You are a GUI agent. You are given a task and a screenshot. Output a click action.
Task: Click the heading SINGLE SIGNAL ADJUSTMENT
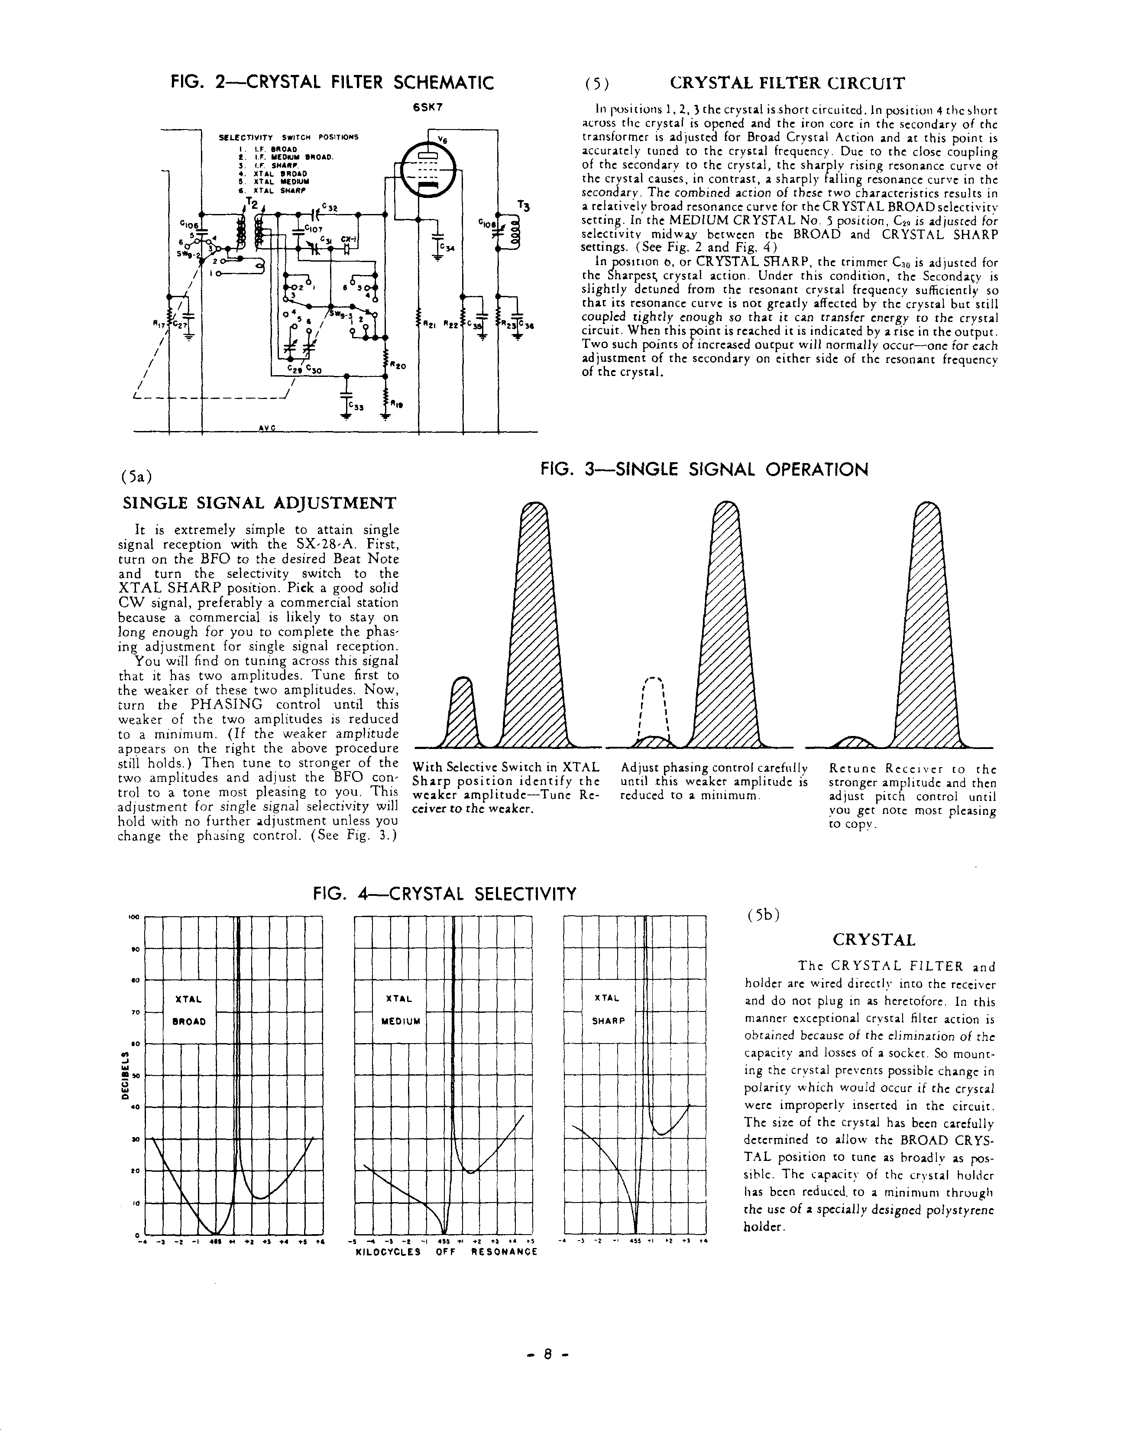[x=259, y=503]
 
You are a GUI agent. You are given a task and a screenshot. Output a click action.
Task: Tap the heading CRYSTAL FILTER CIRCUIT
[x=787, y=84]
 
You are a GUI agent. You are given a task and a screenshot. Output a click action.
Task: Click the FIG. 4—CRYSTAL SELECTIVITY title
[x=444, y=895]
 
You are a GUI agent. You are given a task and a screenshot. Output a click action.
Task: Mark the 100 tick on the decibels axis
[x=131, y=917]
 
